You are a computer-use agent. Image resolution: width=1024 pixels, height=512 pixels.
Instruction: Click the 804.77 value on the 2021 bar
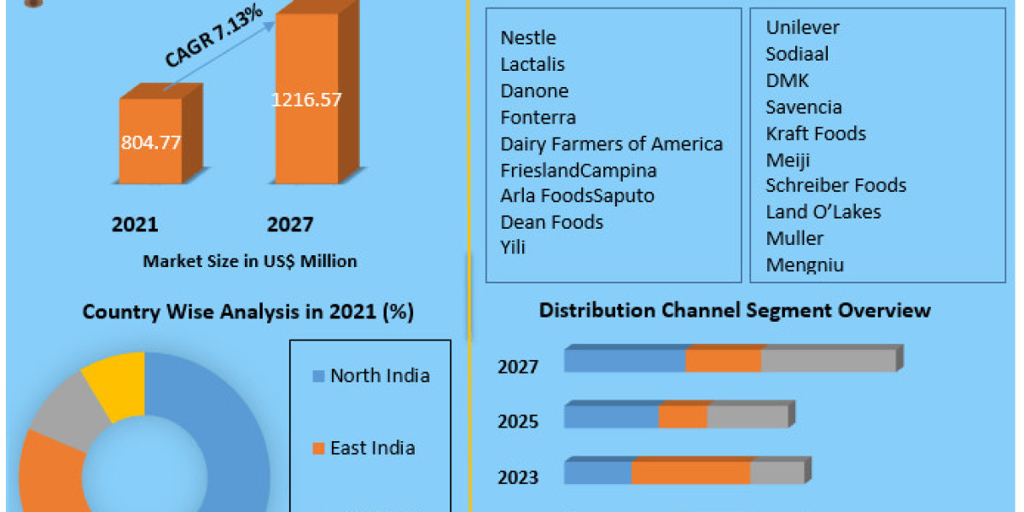(150, 143)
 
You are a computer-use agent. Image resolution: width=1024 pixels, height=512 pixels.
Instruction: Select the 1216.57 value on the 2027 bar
(306, 99)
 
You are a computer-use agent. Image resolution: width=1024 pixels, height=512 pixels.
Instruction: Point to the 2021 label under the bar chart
(135, 224)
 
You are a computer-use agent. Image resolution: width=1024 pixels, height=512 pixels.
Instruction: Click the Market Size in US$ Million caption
(250, 261)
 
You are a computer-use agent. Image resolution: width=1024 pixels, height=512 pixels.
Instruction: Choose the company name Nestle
(528, 38)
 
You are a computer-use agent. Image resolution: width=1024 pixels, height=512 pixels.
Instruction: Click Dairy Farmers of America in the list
(611, 143)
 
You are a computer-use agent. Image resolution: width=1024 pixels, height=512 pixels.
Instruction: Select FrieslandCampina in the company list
(579, 170)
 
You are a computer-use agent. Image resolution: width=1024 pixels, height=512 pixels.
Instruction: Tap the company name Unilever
(802, 27)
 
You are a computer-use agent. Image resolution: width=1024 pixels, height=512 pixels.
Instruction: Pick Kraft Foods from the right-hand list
(815, 133)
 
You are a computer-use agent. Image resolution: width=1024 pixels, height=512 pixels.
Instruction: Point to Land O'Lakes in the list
(823, 212)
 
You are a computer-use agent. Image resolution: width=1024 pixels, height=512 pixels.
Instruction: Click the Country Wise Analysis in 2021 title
(247, 312)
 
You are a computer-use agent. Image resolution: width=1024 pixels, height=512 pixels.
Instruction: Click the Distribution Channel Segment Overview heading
(734, 310)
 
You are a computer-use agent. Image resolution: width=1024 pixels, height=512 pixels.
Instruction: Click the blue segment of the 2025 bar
(611, 417)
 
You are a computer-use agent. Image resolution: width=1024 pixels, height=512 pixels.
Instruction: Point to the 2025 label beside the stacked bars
(518, 422)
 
